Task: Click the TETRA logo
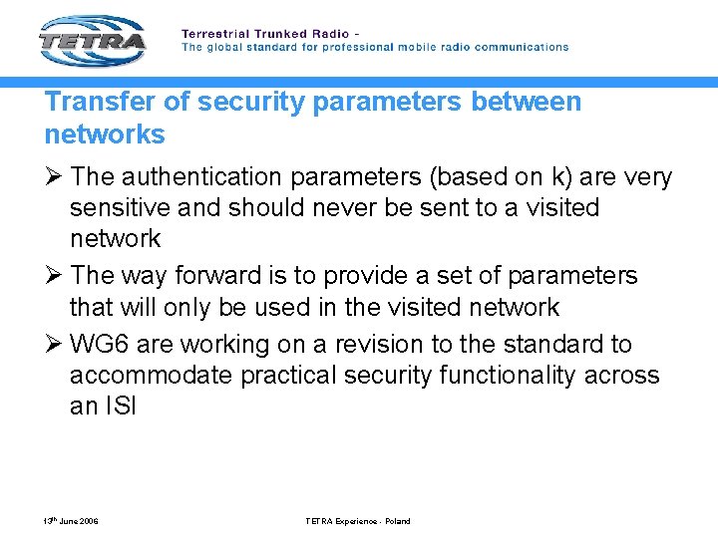(x=93, y=42)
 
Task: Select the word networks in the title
(x=105, y=134)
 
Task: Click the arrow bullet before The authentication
(x=53, y=177)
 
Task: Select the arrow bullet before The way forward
(x=53, y=275)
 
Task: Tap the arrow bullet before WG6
(x=53, y=345)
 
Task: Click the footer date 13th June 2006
(x=70, y=521)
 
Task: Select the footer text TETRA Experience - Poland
(x=358, y=521)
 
